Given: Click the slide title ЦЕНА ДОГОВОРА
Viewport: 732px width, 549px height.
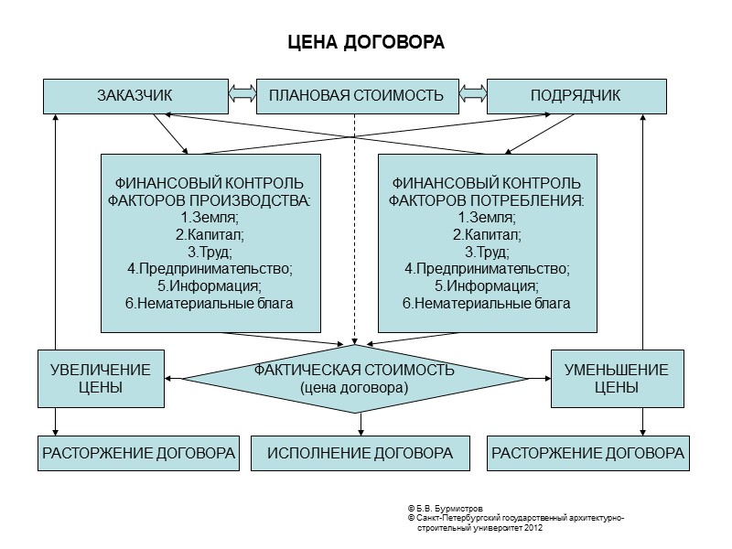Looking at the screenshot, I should (x=365, y=43).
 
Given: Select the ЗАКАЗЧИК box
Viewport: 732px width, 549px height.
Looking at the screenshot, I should (x=135, y=96).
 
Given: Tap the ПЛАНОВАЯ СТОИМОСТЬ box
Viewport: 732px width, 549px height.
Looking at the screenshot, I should (x=357, y=96).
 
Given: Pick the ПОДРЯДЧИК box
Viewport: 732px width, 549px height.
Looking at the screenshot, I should (x=576, y=96).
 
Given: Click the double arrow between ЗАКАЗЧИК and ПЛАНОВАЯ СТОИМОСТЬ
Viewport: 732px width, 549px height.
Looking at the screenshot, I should (x=242, y=95).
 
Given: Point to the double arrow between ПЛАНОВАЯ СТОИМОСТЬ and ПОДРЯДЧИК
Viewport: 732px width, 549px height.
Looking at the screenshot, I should (x=472, y=95).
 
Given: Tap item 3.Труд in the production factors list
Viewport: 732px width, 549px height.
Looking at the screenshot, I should (x=210, y=252).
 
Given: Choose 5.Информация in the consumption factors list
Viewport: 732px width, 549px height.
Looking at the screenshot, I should (x=487, y=285).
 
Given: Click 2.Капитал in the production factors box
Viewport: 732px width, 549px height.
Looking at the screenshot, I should (x=210, y=234).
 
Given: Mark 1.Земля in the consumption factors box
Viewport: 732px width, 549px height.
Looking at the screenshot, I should (x=487, y=218).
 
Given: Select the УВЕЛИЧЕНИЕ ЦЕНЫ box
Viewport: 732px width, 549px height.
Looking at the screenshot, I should (x=101, y=378).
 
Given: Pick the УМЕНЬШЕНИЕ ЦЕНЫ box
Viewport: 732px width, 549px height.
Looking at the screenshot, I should (x=616, y=378).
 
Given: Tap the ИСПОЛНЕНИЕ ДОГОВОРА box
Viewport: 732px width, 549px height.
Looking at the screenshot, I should (x=361, y=453).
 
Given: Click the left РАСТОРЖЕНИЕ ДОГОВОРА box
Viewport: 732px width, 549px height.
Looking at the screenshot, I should (x=138, y=453).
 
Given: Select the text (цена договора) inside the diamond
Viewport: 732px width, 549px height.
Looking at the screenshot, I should (x=354, y=387).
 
